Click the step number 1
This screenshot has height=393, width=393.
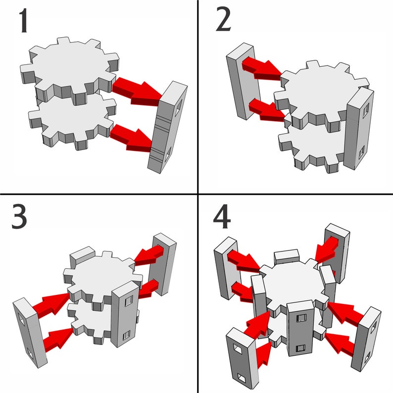24,21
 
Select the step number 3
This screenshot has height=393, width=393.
19,217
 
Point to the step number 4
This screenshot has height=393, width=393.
222,217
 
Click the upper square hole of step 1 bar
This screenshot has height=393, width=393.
178,108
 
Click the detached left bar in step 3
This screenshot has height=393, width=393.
30,332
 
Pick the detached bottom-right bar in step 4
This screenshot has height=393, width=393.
366,339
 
